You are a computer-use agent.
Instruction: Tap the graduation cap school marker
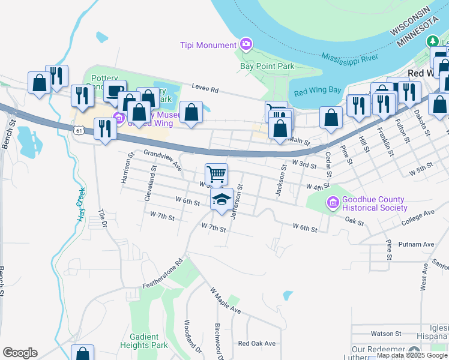(x=221, y=199)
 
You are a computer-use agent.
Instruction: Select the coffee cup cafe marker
(x=115, y=91)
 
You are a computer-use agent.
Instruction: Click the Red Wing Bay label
(x=318, y=91)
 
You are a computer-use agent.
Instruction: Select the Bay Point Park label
(x=267, y=66)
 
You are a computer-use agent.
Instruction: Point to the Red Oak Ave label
(x=256, y=343)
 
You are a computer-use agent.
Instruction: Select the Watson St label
(x=386, y=333)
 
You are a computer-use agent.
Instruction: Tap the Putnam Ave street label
(x=420, y=244)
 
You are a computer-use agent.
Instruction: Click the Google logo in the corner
(x=20, y=353)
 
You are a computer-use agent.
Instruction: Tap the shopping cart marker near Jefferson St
(x=216, y=175)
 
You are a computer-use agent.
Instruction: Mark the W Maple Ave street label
(x=224, y=301)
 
